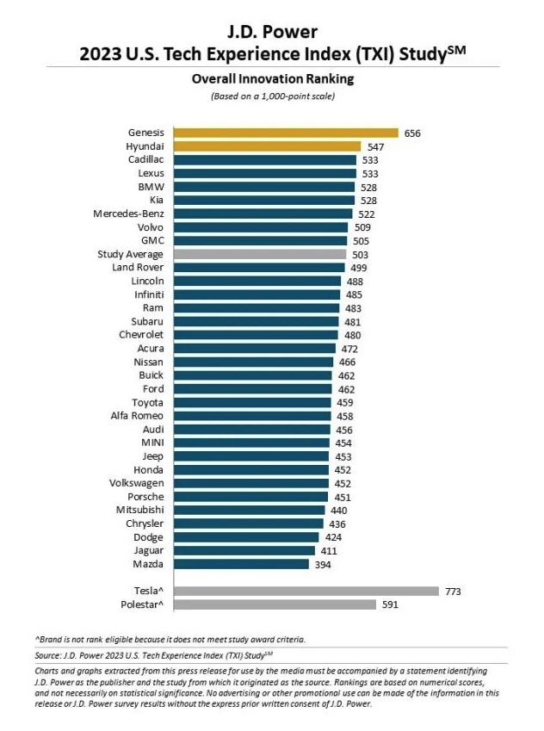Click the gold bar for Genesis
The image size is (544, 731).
286,133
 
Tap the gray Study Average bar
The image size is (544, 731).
260,254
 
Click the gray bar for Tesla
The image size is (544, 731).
306,591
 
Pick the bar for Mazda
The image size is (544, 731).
241,564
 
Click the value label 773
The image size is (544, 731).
454,591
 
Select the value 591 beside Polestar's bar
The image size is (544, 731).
391,604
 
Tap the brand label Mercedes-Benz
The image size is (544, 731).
129,214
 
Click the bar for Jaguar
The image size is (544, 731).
244,550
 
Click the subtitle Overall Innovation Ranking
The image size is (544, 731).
272,78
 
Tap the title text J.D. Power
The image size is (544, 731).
272,32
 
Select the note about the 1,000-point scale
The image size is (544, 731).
272,96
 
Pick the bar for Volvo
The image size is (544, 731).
261,227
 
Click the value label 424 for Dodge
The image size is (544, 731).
333,537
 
